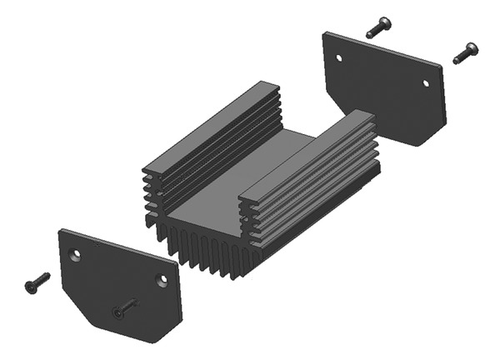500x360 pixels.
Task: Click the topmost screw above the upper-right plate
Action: point(378,27)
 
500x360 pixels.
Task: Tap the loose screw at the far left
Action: point(37,282)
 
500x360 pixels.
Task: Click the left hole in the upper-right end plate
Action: point(338,57)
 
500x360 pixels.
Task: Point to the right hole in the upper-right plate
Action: point(425,83)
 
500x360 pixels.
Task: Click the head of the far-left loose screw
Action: point(31,287)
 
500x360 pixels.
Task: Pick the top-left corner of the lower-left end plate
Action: point(62,231)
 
